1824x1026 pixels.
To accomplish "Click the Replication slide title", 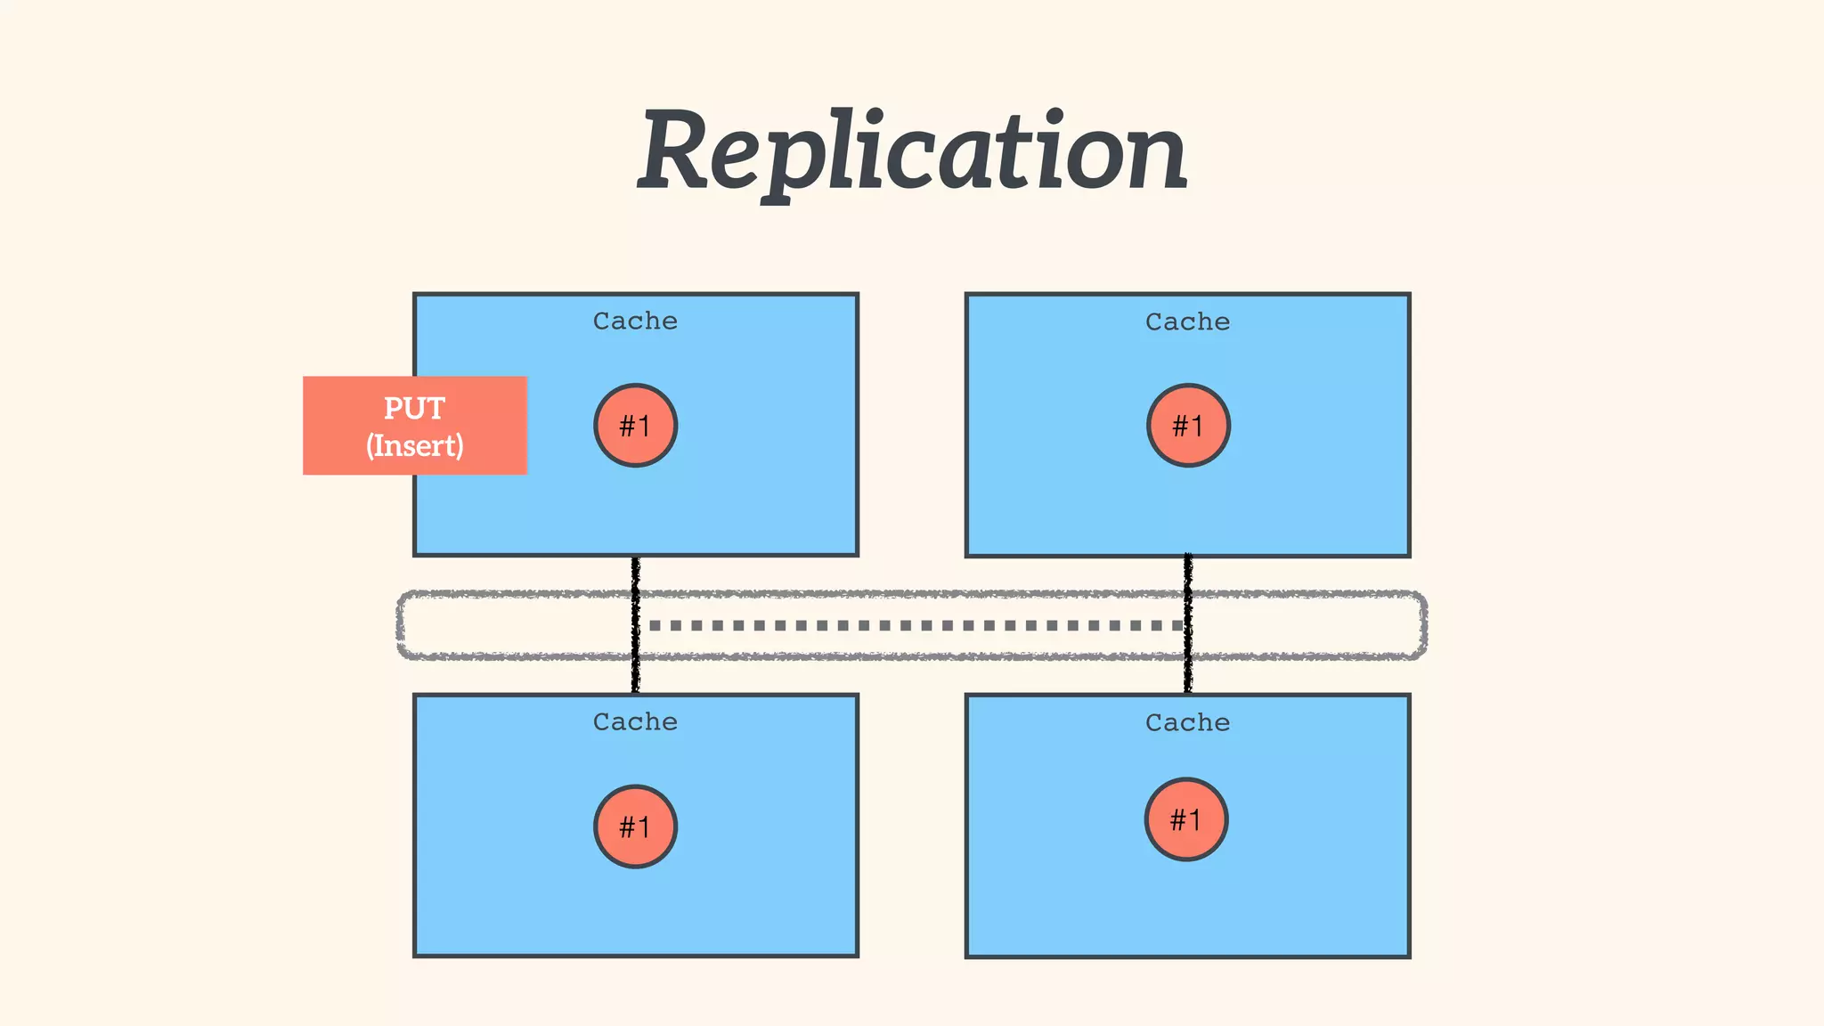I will (x=912, y=151).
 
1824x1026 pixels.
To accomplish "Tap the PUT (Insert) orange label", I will (x=415, y=426).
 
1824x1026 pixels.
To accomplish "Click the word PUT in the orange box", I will (x=414, y=408).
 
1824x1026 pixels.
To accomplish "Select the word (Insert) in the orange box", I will (x=415, y=445).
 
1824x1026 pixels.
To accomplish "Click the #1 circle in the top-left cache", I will (x=635, y=426).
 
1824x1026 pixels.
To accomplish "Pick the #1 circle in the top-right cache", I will (x=1188, y=426).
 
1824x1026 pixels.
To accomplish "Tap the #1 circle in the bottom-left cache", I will (x=635, y=826).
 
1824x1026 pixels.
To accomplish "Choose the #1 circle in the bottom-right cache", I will (x=1186, y=819).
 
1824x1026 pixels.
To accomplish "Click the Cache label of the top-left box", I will (x=635, y=321).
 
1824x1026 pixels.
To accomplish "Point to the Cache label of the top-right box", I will (x=1187, y=322).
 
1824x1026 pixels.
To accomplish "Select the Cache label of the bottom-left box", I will (x=635, y=721).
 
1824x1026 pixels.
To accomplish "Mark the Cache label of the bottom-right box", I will (x=1187, y=722).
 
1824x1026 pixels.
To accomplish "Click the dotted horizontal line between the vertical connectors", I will (x=912, y=625).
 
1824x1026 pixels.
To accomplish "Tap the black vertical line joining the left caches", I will (x=635, y=623).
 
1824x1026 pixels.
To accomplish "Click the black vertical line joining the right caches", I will (x=1188, y=623).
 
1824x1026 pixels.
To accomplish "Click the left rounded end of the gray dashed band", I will (x=401, y=625).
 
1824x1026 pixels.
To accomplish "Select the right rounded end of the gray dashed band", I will (x=1423, y=625).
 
